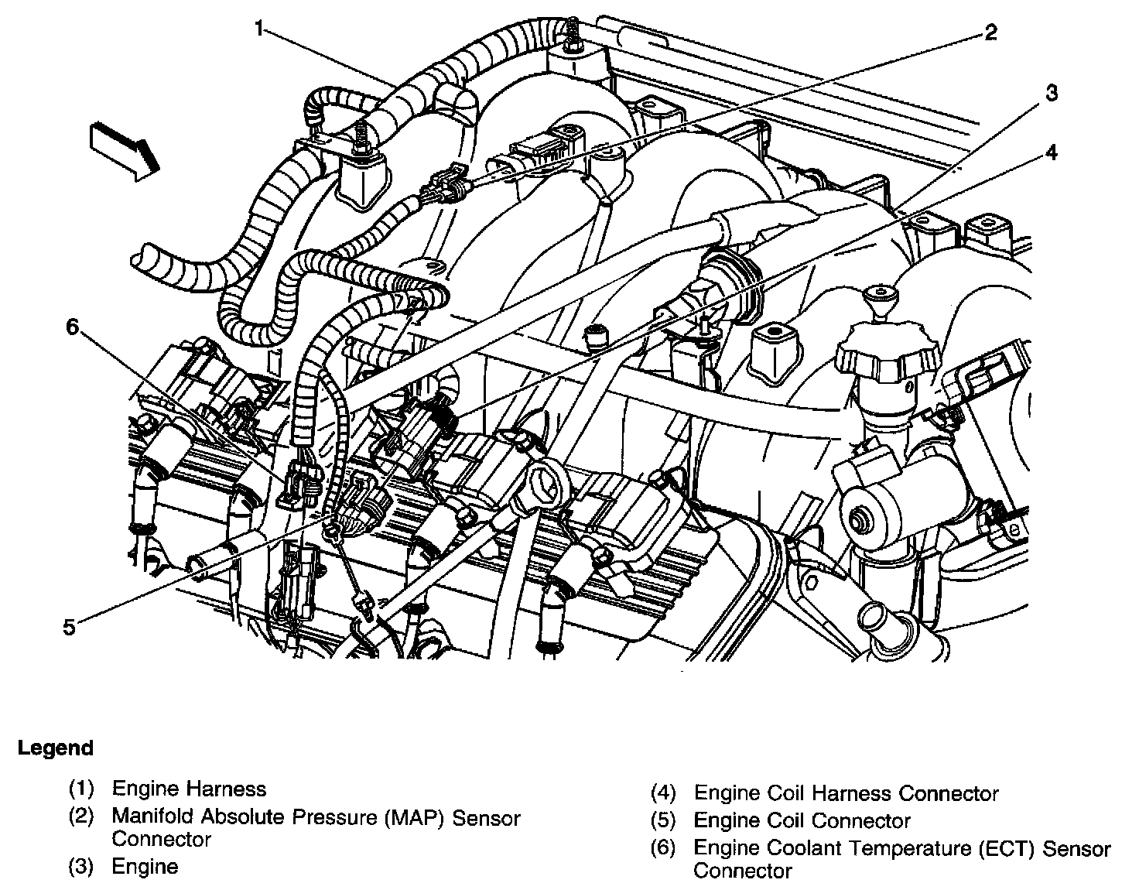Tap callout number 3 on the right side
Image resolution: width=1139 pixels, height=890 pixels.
(x=1050, y=94)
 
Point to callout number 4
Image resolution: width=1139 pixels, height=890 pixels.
(x=1050, y=152)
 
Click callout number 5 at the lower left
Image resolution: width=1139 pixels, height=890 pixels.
(x=70, y=627)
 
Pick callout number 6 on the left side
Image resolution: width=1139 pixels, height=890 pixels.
(x=72, y=327)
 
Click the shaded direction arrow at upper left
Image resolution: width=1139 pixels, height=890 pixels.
(x=124, y=151)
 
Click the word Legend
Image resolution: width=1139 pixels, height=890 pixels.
(x=56, y=748)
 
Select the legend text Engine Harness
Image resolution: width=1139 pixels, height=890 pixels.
(x=189, y=789)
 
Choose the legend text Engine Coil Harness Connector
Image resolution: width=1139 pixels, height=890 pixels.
(x=846, y=793)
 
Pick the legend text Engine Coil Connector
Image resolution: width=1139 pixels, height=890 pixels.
(x=802, y=820)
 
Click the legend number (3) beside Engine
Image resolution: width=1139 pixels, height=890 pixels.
(x=81, y=867)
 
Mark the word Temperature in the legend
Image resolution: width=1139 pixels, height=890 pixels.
(x=880, y=849)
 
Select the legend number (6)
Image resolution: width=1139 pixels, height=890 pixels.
(x=663, y=849)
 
